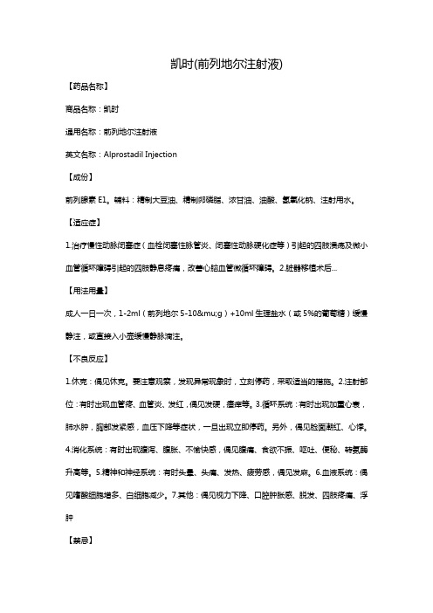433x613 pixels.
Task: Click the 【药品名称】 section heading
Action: point(88,87)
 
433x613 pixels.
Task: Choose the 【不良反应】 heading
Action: point(88,358)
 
